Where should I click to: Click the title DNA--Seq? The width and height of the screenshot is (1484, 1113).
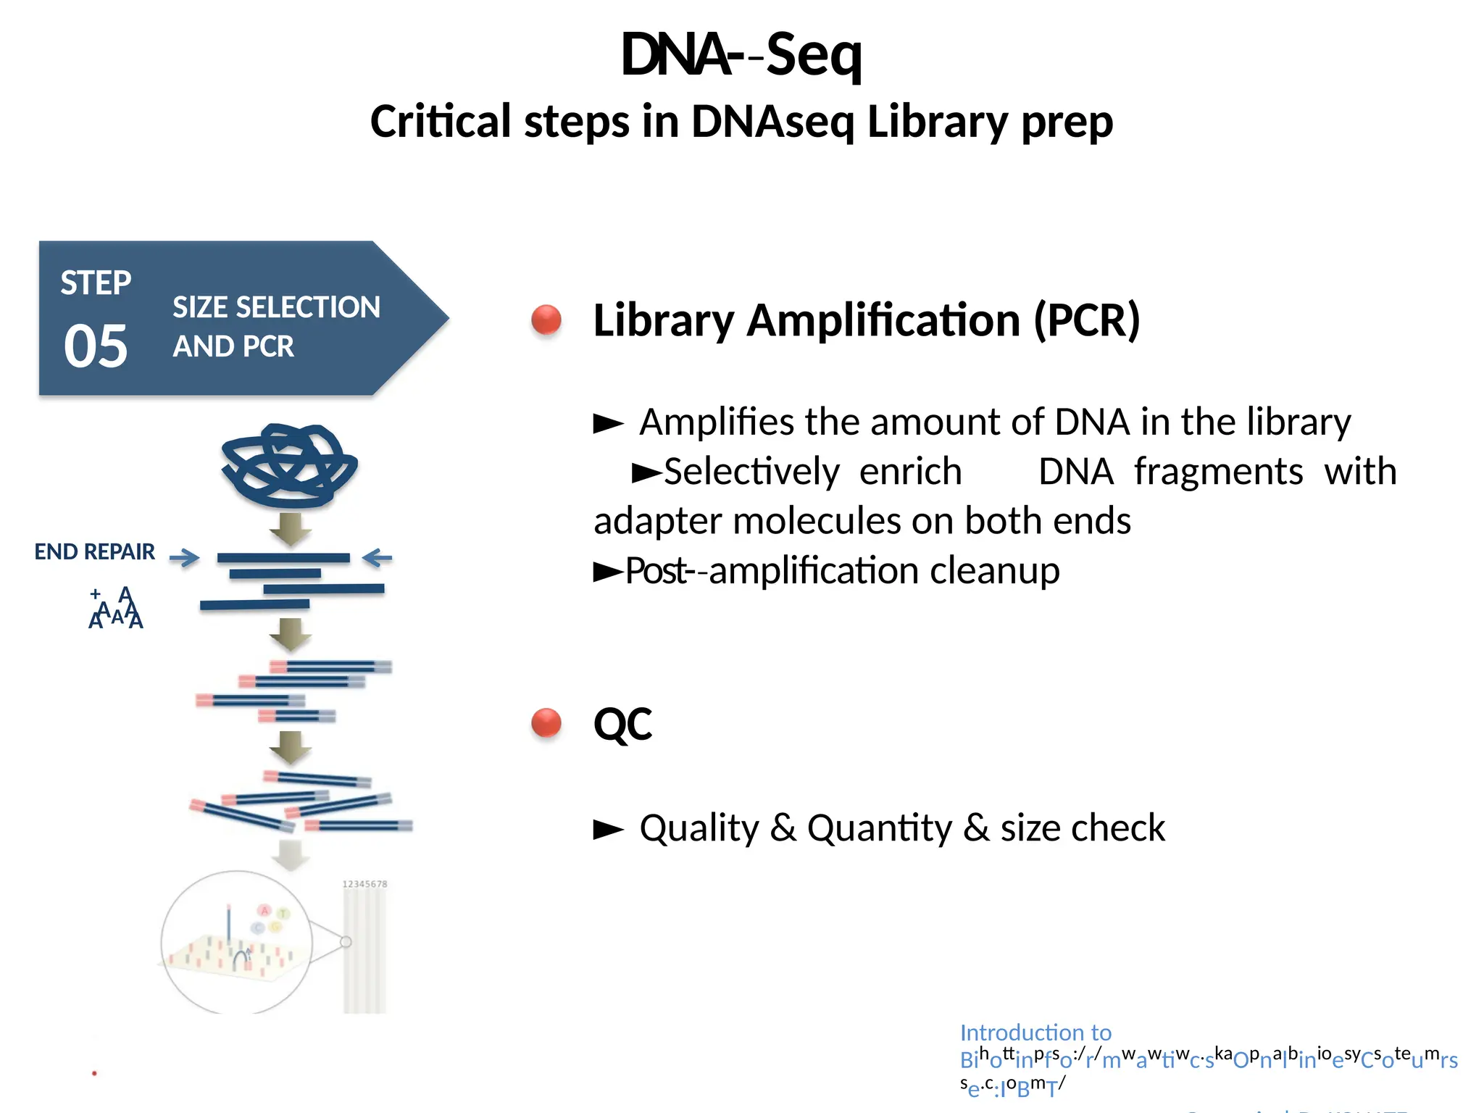(741, 54)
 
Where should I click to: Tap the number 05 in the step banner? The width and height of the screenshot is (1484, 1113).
(96, 346)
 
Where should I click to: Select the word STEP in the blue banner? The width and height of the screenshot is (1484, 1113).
(96, 283)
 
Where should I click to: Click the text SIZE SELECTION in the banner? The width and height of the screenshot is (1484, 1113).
(276, 307)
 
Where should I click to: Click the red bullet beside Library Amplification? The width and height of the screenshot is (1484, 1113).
(546, 320)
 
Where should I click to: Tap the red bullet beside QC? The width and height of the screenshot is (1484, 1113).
(546, 722)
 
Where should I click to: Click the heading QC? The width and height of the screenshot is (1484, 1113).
(622, 724)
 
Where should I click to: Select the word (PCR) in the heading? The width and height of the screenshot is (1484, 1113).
(1087, 320)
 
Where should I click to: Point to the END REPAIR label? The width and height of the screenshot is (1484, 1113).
(94, 552)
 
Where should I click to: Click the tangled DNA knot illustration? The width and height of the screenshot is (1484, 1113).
(289, 465)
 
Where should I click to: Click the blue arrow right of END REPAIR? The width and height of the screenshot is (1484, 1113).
(184, 557)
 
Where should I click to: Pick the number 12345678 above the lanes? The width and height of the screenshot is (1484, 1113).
(364, 884)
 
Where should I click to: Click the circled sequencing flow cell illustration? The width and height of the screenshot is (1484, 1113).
(237, 942)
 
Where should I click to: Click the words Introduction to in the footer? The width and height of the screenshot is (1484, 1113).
(1035, 1032)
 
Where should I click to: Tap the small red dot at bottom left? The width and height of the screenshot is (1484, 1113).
(94, 1073)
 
